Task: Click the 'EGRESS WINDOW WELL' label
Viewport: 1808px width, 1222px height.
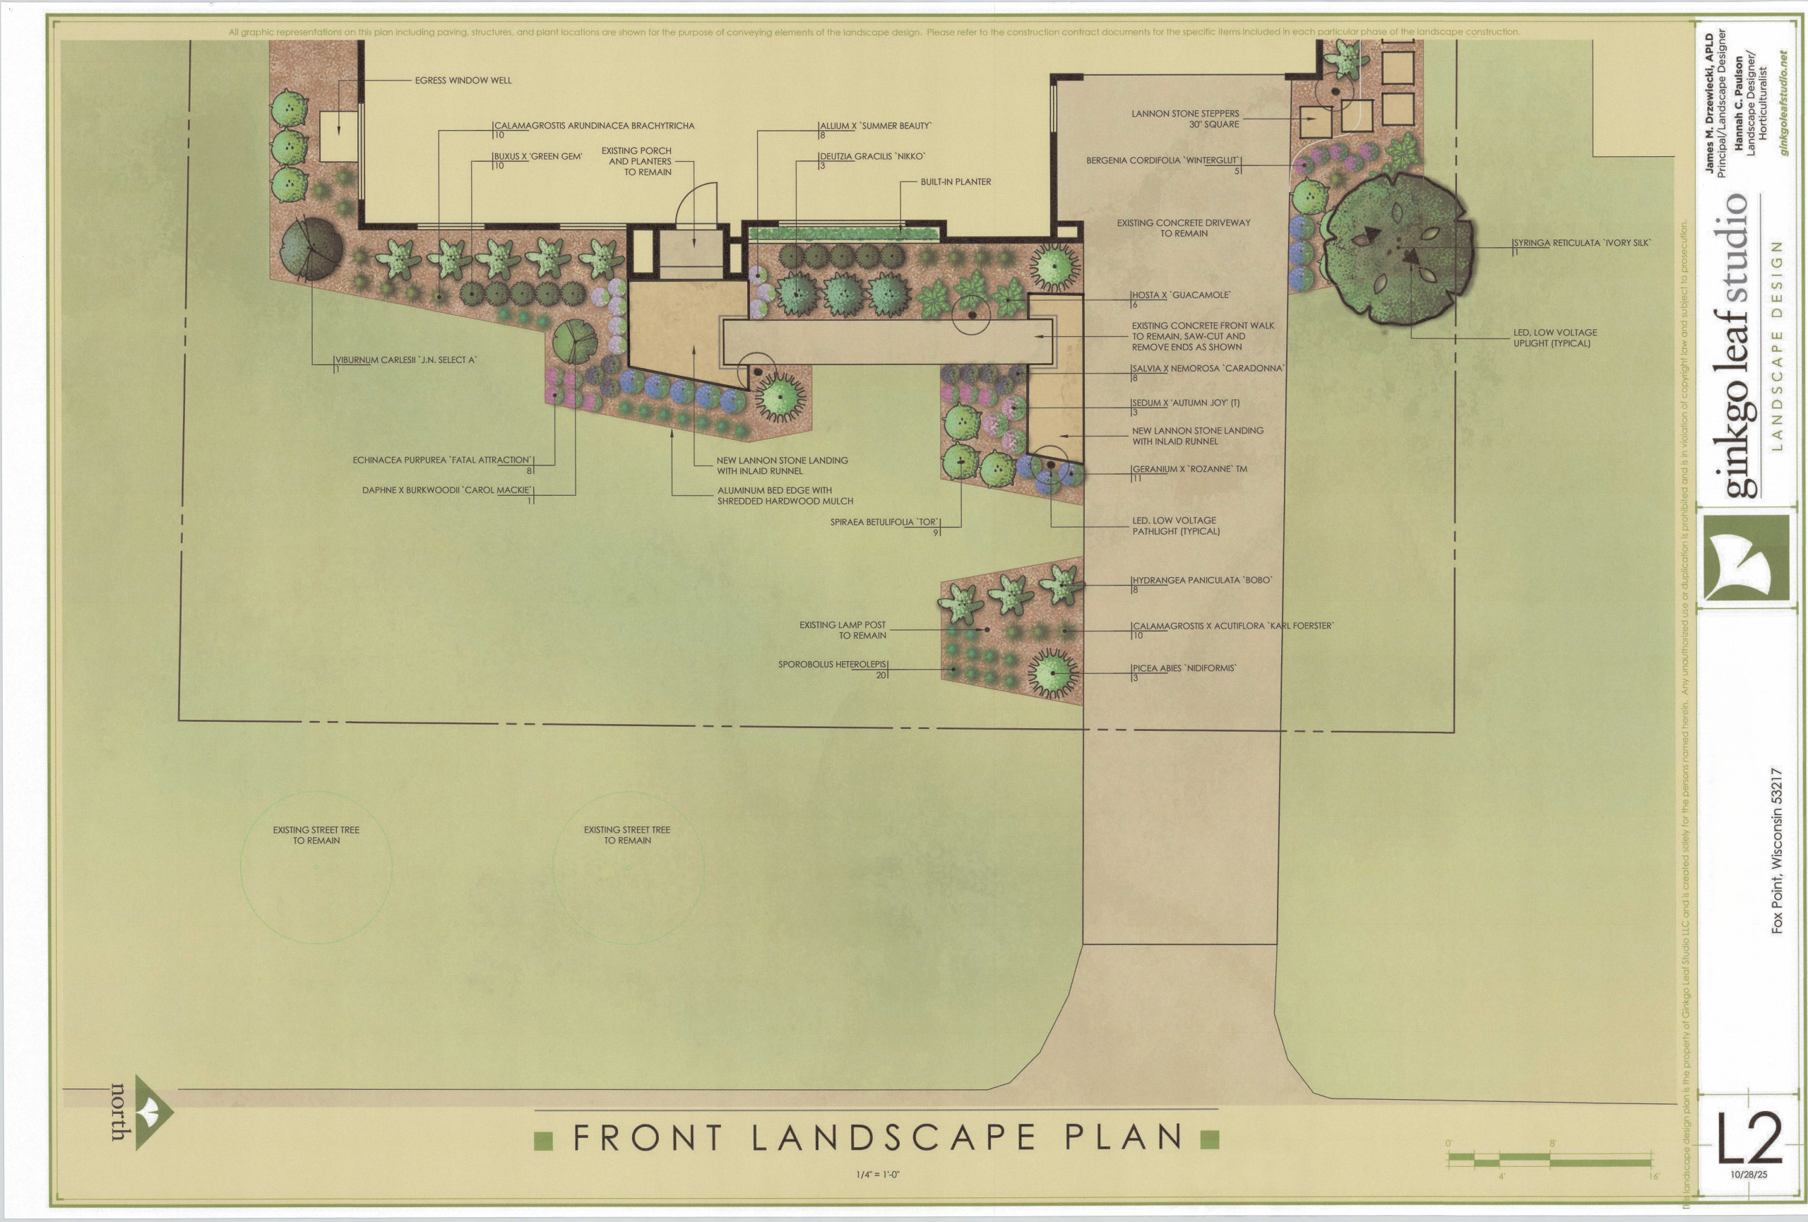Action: point(463,80)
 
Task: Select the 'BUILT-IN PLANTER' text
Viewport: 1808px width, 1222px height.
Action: point(956,182)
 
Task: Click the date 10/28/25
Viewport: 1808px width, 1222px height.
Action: point(1749,1175)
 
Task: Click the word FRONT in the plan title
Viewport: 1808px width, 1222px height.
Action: point(648,1138)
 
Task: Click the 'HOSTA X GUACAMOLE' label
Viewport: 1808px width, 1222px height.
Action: point(1181,295)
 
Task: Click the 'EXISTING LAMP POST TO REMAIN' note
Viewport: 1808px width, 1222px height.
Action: point(843,630)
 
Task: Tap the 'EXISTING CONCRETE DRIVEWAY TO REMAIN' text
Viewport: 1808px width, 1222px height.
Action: point(1183,228)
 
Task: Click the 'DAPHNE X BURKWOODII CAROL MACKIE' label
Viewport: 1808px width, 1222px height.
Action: point(446,490)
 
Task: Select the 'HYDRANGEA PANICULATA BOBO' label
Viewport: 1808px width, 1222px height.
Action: point(1202,581)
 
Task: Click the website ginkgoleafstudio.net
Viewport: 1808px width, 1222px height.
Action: point(1784,102)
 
